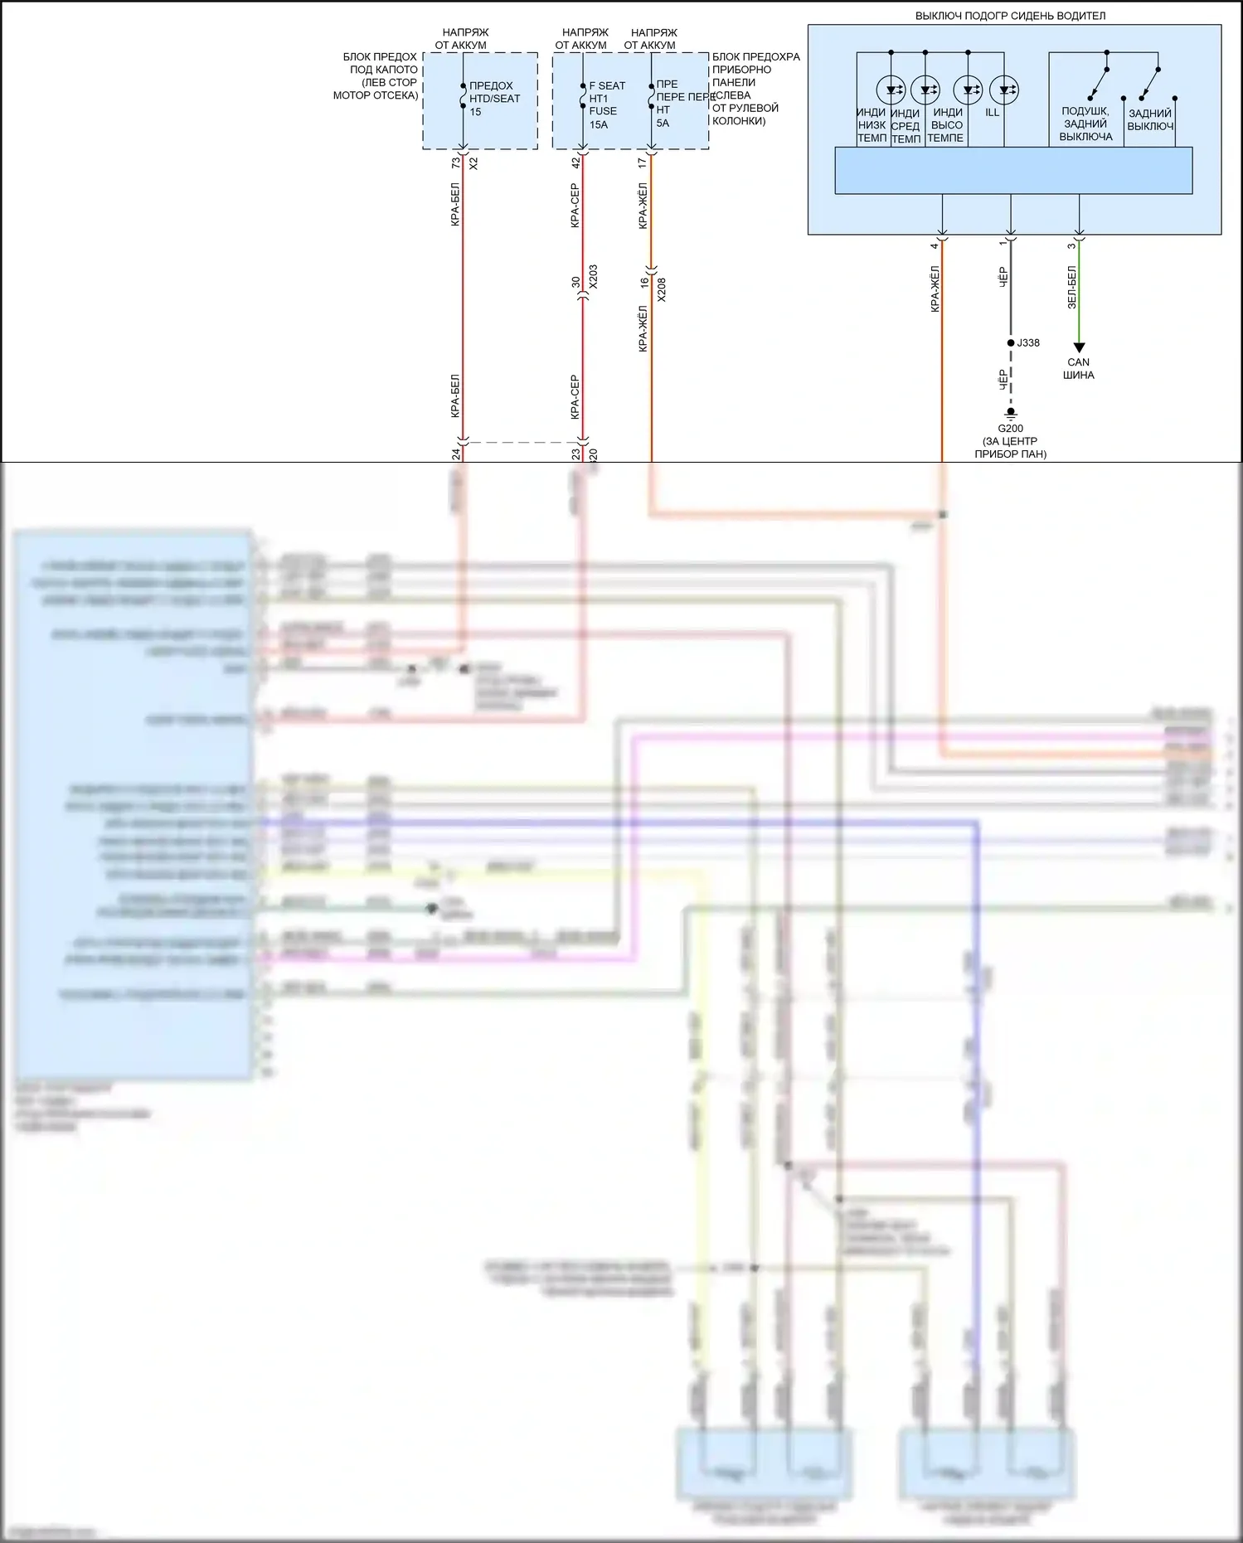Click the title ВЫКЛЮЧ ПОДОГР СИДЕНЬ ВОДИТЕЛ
[1009, 16]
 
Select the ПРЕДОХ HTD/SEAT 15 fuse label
[494, 99]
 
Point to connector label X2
[473, 164]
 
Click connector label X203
[593, 277]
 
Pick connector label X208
[661, 289]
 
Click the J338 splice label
[1028, 343]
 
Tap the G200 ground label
[1010, 429]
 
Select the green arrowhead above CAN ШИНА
[1079, 348]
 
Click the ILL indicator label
[993, 113]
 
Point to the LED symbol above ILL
[1004, 90]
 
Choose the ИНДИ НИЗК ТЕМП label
[872, 125]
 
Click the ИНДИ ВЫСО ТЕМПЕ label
[946, 125]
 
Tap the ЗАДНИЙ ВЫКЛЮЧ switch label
[1150, 120]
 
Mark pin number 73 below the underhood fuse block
[455, 163]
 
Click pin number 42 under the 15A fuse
[575, 163]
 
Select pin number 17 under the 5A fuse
[643, 163]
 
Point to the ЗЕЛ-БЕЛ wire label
[1071, 288]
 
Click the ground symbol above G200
[1010, 413]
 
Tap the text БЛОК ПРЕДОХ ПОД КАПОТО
[380, 64]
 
